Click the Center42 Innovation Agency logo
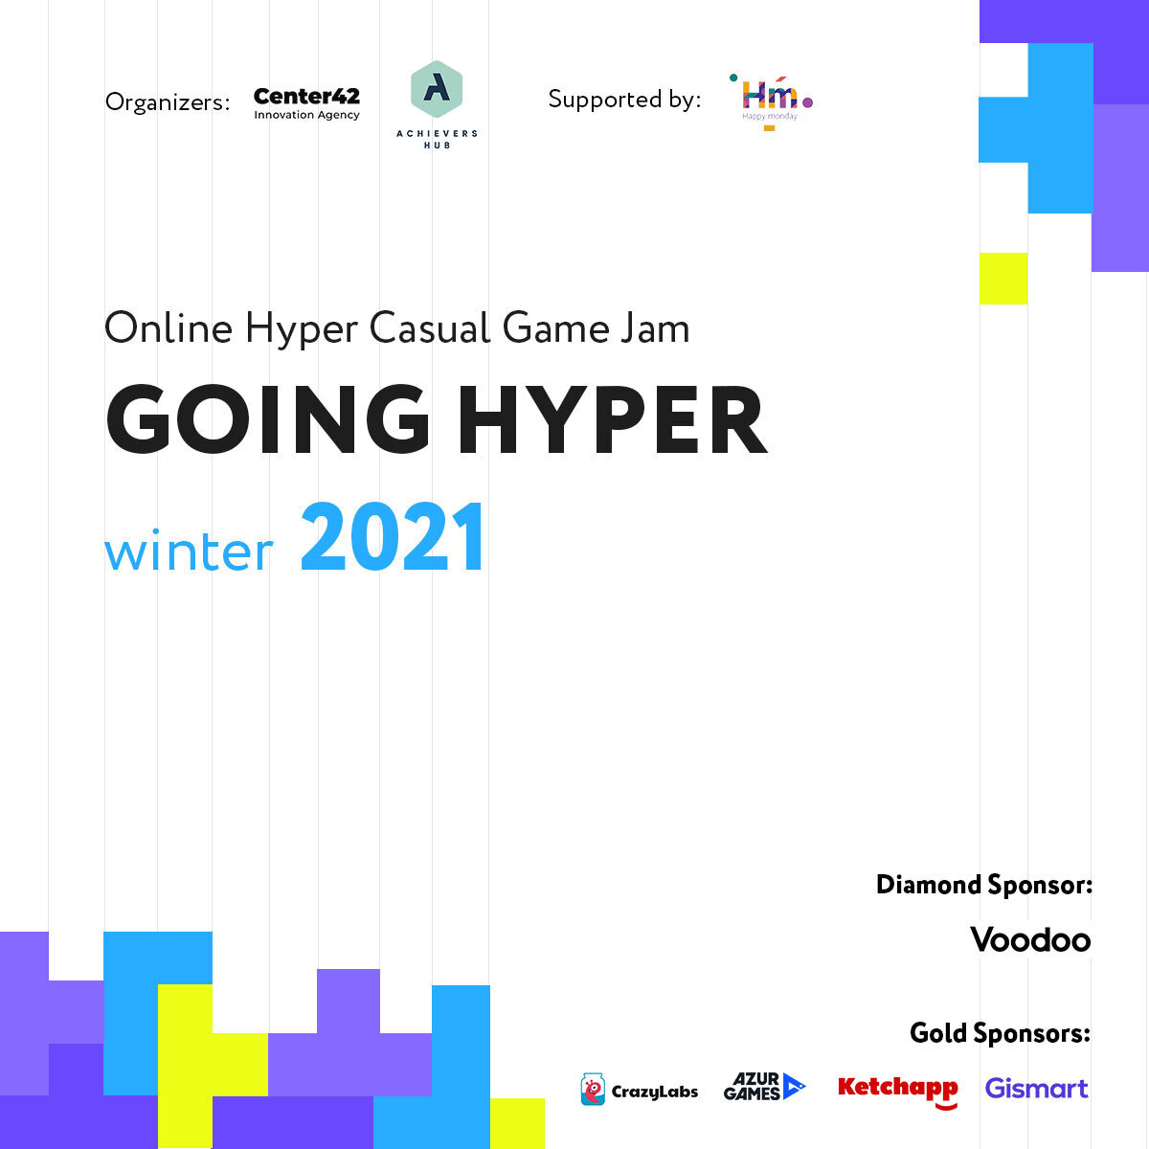pos(306,103)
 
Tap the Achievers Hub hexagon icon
pos(437,89)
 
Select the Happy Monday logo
pos(771,102)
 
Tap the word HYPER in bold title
pos(613,419)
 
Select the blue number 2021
pos(393,536)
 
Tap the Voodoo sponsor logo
pos(1030,940)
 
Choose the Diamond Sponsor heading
pos(984,885)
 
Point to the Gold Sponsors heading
pos(1000,1033)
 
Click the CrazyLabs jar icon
pos(592,1089)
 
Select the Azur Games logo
pos(764,1087)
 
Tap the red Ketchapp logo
pos(898,1091)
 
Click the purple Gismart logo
pos(1036,1089)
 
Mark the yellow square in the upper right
pos(1003,279)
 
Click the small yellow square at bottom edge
pos(517,1123)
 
